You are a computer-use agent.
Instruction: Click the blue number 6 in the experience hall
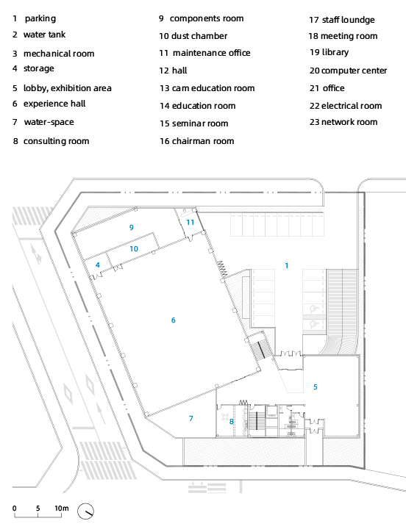[174, 320]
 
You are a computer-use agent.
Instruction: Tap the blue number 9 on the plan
[132, 227]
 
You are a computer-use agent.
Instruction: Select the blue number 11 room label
[190, 222]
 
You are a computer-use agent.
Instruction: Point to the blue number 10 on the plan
[134, 248]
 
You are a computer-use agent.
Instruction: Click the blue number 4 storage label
[98, 265]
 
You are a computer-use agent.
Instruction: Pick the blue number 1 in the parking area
[287, 266]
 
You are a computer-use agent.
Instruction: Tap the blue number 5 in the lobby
[316, 387]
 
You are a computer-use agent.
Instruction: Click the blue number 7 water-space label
[191, 419]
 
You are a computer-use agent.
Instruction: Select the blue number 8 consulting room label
[232, 421]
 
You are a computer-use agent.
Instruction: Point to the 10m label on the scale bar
[62, 508]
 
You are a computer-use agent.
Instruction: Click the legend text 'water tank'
[44, 35]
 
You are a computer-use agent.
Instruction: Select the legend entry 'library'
[335, 52]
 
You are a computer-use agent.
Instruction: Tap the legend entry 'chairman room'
[203, 141]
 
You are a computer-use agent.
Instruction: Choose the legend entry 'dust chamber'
[199, 36]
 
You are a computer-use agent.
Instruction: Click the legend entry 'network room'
[349, 122]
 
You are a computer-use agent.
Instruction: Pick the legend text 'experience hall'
[54, 104]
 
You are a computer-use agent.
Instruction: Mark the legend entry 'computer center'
[354, 71]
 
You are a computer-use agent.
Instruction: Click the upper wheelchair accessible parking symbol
[313, 309]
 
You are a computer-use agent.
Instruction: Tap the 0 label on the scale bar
[14, 508]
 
